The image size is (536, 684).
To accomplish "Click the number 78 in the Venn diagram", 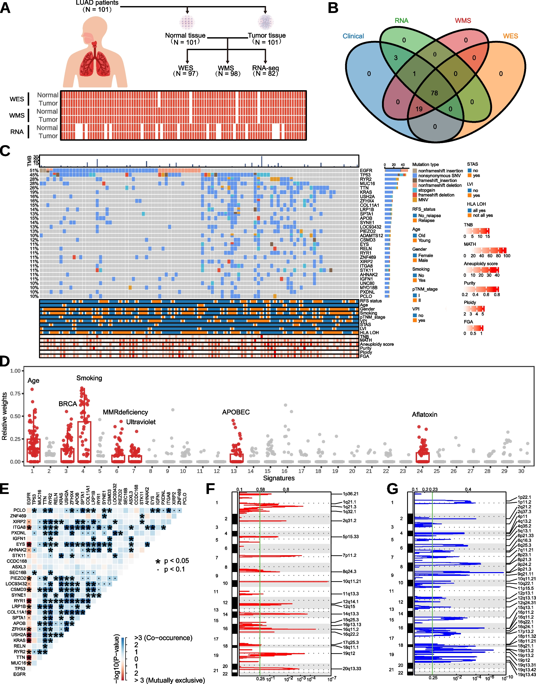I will (434, 93).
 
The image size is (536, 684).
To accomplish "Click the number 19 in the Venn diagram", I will (419, 109).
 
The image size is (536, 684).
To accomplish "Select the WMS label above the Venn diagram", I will (463, 21).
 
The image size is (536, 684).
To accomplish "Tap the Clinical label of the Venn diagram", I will (353, 36).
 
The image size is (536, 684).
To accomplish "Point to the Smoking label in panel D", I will (89, 378).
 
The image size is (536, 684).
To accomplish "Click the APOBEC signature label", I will (236, 412).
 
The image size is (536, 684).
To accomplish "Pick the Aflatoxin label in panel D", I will (424, 415).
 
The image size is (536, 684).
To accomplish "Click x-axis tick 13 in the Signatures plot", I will (233, 471).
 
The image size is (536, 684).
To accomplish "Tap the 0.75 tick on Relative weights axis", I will (15, 394).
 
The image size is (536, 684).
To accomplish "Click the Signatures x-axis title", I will (279, 478).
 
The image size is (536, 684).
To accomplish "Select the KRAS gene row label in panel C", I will (366, 192).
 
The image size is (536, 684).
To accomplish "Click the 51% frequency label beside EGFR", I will (34, 171).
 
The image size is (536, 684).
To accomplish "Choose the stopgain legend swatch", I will (415, 190).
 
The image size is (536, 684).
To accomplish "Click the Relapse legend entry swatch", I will (415, 220).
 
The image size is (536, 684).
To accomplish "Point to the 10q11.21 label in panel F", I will (351, 581).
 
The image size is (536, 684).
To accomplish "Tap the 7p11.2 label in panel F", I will (349, 555).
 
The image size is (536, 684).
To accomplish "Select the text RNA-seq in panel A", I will (266, 68).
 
